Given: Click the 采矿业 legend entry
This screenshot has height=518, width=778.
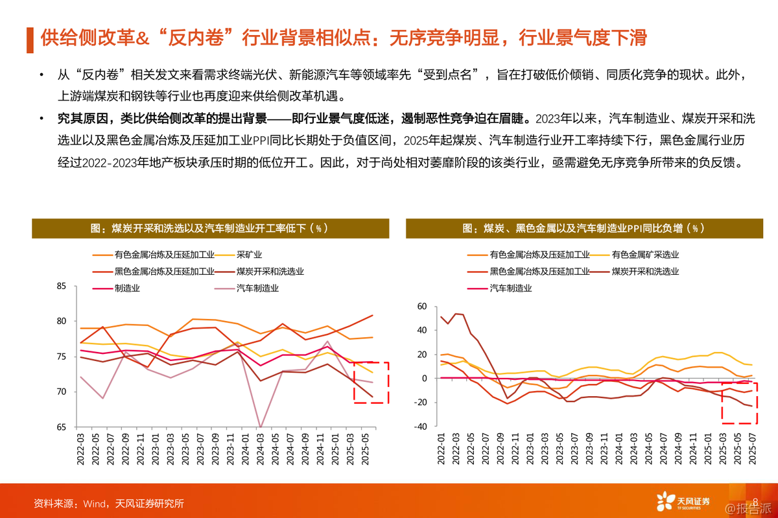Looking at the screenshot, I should click(249, 255).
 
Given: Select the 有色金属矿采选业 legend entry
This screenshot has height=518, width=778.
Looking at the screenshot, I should click(645, 255).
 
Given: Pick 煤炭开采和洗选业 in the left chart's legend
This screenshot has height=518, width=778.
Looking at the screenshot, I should click(270, 272).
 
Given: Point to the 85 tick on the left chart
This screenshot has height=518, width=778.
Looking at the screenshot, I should click(62, 286).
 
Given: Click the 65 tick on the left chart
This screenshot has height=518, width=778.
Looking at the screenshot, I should click(62, 427).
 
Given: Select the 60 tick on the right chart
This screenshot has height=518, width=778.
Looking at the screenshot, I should click(421, 306).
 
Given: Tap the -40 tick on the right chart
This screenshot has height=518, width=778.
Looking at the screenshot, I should click(420, 427).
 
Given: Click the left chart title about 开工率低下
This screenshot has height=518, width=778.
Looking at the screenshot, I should click(210, 228).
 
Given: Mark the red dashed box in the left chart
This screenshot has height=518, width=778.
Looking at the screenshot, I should click(371, 383).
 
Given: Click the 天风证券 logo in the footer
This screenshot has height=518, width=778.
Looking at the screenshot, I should click(684, 501).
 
